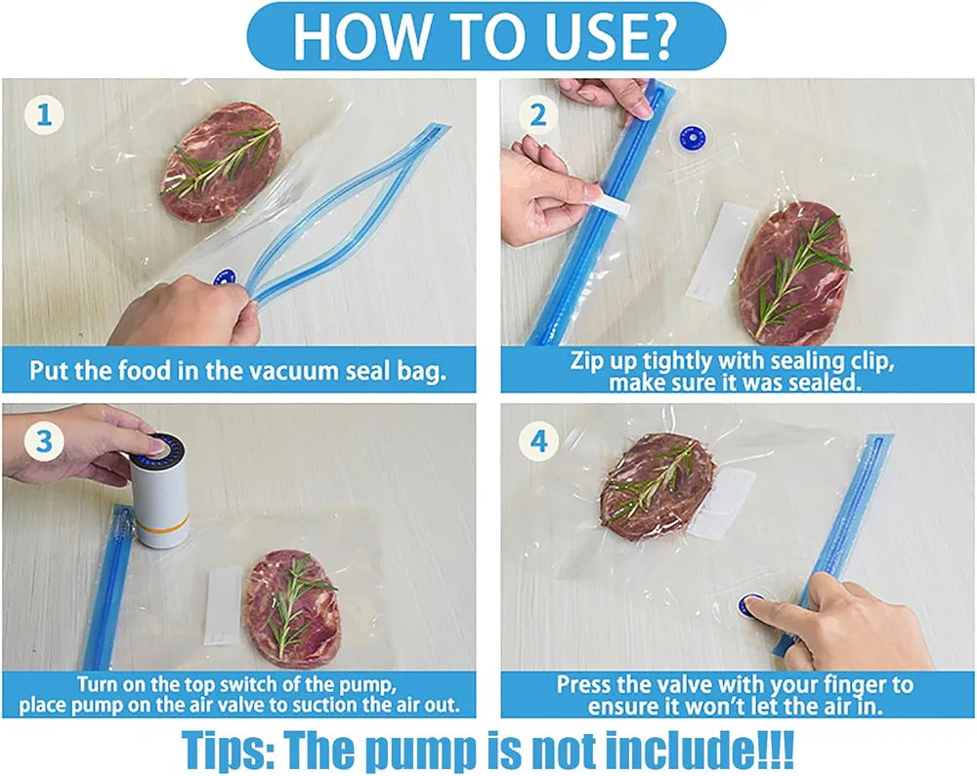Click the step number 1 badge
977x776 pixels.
pos(44,115)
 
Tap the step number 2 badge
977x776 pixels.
pos(538,115)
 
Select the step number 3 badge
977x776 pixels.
pos(44,441)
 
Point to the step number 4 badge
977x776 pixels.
pos(538,441)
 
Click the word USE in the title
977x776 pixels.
pos(607,35)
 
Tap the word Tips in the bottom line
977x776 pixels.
pos(228,751)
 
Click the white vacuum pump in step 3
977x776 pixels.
pos(158,491)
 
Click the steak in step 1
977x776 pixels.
pos(220,163)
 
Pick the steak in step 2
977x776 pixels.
pos(793,272)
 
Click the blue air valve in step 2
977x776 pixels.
pos(690,137)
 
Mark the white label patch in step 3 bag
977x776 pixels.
pos(223,605)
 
